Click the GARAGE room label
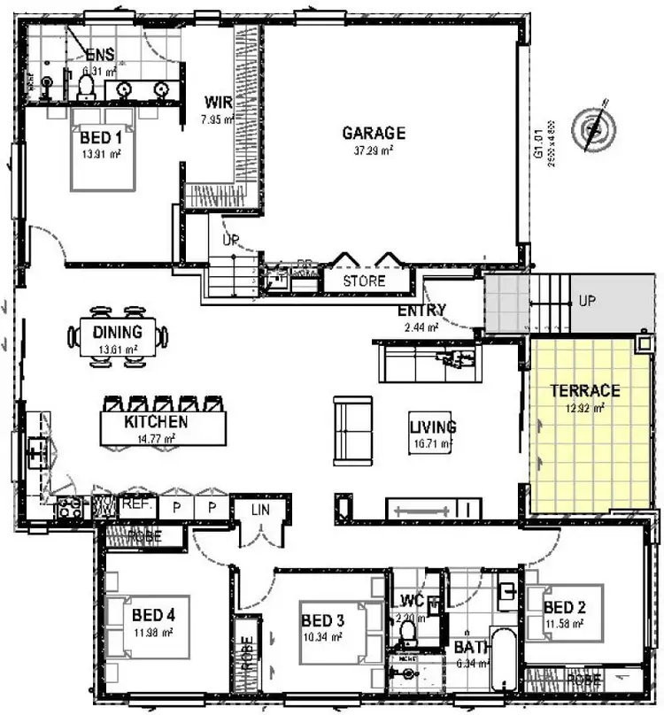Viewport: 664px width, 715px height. tap(374, 134)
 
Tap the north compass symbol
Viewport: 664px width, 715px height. tap(591, 129)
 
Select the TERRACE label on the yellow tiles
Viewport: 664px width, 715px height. tap(584, 390)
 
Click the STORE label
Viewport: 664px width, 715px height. tap(365, 281)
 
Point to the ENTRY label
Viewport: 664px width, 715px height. tap(421, 311)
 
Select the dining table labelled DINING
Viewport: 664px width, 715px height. tap(118, 337)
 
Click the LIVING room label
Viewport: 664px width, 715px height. tap(432, 427)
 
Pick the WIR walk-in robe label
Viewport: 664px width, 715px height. tap(218, 102)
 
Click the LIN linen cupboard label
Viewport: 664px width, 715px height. tap(259, 510)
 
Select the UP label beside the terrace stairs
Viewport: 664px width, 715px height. tap(586, 301)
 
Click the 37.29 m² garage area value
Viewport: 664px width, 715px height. tap(374, 150)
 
